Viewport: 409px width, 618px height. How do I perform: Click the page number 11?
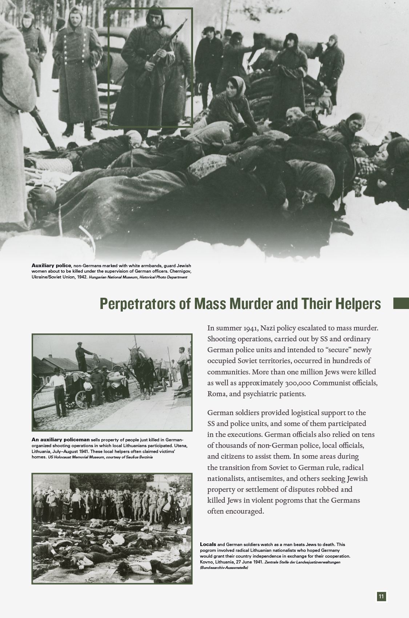pyautogui.click(x=381, y=596)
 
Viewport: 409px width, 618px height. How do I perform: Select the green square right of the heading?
pyautogui.click(x=401, y=304)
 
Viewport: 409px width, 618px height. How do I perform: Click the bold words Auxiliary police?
pyautogui.click(x=51, y=266)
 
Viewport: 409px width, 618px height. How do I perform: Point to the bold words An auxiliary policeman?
pyautogui.click(x=60, y=440)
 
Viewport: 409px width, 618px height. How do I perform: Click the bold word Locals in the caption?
pyautogui.click(x=208, y=544)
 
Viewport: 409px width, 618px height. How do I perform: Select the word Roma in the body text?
pyautogui.click(x=217, y=394)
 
